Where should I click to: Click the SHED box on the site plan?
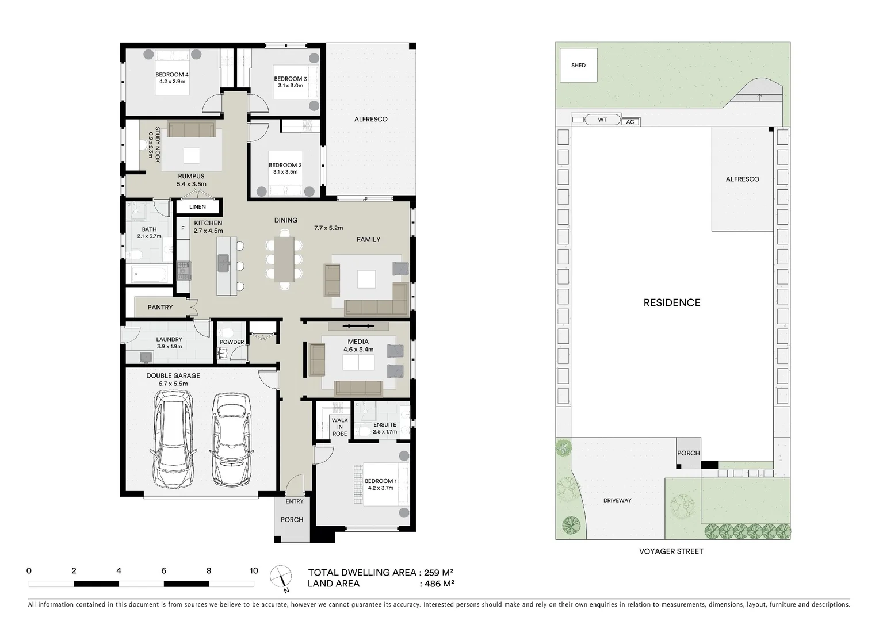[x=578, y=65]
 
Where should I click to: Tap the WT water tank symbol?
[x=602, y=120]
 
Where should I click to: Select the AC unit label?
[x=630, y=122]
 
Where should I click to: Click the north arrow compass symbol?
[x=281, y=577]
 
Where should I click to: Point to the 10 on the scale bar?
[x=254, y=571]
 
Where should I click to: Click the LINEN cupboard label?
[x=197, y=207]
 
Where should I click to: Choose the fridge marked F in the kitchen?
[x=182, y=228]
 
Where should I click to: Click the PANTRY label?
[x=160, y=307]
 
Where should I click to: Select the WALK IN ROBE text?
[x=340, y=427]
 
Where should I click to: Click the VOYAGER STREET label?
[x=671, y=551]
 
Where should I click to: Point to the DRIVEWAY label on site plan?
[x=617, y=500]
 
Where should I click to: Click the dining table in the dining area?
[x=284, y=259]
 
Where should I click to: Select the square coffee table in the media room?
[x=358, y=362]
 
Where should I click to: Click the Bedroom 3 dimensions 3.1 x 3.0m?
[x=291, y=86]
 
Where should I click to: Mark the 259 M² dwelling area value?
[x=439, y=572]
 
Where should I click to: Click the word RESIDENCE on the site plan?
[x=672, y=302]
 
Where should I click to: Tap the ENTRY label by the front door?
[x=295, y=501]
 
